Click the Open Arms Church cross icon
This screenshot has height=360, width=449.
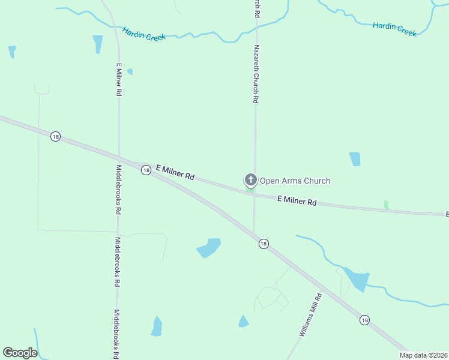[x=250, y=180]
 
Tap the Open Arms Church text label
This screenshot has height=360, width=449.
[x=295, y=181]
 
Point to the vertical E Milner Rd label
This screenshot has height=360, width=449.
[x=119, y=79]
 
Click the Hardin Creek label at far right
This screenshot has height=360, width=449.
[x=394, y=29]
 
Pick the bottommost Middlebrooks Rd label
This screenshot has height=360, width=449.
[x=116, y=334]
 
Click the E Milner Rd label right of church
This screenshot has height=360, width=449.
[x=297, y=201]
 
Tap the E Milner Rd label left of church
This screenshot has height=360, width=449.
[x=175, y=172]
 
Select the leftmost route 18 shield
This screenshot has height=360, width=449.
[x=55, y=137]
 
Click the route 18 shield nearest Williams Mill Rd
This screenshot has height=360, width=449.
[x=364, y=320]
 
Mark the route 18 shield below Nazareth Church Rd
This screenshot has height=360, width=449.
[x=263, y=244]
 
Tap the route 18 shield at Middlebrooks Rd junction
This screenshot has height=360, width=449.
[x=146, y=170]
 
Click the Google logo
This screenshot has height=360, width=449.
[x=20, y=353]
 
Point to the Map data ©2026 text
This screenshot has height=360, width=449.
[x=423, y=355]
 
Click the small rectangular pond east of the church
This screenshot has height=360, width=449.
[x=355, y=159]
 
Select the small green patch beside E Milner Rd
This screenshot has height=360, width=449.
[x=386, y=205]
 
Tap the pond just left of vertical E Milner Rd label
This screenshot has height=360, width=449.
[x=97, y=44]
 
